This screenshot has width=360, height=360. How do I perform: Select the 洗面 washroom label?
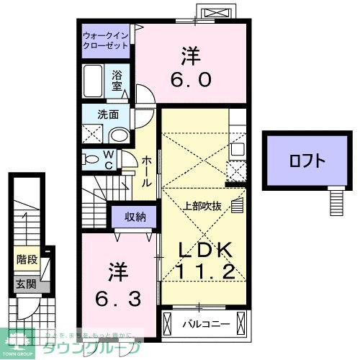[108, 114]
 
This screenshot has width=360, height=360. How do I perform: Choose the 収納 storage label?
[135, 216]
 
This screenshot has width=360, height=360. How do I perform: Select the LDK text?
[205, 249]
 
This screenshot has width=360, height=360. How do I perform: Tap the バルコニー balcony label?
[205, 323]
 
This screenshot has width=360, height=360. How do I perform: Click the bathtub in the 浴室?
[94, 80]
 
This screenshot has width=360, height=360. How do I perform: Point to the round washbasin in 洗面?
[120, 134]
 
